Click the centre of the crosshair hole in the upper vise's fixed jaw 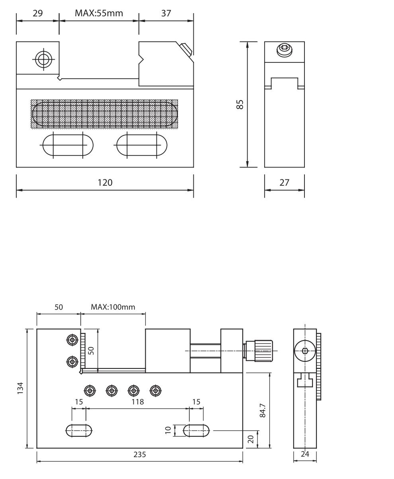[43, 59]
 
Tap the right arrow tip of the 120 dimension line [193, 190]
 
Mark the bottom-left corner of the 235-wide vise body [37, 448]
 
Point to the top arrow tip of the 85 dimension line [247, 42]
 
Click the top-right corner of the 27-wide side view [304, 42]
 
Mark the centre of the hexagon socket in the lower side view [305, 350]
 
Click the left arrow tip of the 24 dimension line [294, 461]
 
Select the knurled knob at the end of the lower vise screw [263, 350]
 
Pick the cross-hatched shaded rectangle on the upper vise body [104, 114]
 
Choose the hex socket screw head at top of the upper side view [285, 50]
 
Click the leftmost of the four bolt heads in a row [90, 391]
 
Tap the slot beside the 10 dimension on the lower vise [196, 430]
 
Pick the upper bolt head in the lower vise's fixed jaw [72, 340]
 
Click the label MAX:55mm [99, 13]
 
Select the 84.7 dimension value [262, 410]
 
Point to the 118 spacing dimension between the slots [137, 402]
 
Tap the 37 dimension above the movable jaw [166, 13]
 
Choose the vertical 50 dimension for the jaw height [91, 350]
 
